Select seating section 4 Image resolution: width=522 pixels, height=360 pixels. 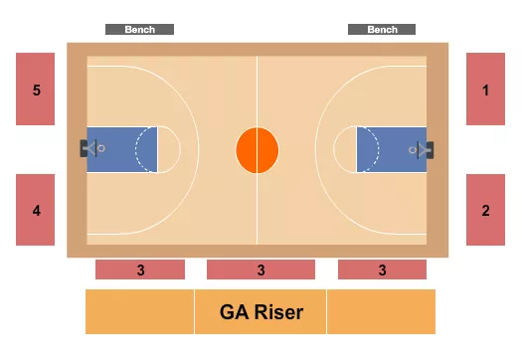tap(35, 209)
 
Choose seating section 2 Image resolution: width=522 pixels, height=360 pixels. tap(486, 209)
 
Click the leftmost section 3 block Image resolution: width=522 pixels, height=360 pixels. tap(140, 270)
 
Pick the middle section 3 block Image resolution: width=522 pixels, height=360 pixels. tap(261, 270)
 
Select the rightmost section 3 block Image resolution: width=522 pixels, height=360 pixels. tap(382, 270)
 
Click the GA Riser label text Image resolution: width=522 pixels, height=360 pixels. tap(261, 312)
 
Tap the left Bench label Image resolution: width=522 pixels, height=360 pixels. tap(139, 30)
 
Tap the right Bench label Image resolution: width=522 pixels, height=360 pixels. tap(382, 30)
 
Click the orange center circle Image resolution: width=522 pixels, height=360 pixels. tap(258, 150)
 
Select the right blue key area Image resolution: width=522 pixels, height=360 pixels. tap(392, 150)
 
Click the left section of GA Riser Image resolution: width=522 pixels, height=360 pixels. tap(139, 312)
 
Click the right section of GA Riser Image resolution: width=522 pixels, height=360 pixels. tap(382, 312)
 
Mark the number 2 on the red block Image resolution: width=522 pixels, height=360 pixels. tap(486, 211)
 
